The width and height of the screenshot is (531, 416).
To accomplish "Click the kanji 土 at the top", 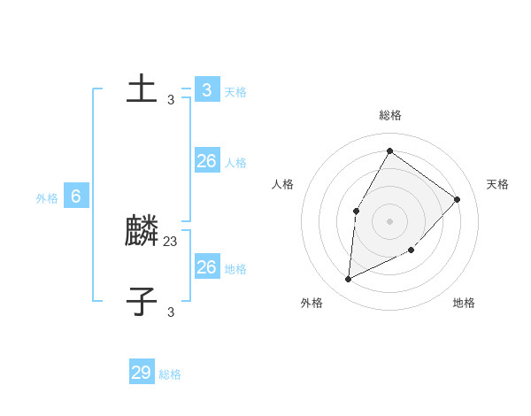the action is point(142,89).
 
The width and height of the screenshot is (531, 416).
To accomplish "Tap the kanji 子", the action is point(142,301).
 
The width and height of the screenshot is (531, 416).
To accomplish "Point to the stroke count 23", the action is point(171,240).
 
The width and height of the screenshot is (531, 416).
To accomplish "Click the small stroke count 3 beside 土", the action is point(171,100).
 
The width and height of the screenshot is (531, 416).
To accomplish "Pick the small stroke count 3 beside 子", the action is point(171,312).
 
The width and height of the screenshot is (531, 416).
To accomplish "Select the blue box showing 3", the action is point(206,89).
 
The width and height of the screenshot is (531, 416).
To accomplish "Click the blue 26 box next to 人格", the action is point(206,160).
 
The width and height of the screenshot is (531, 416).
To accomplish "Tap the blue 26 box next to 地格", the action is point(206,266).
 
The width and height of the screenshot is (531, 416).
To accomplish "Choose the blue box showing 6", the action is point(76,196).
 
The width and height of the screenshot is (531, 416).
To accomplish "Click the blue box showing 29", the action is point(142,373).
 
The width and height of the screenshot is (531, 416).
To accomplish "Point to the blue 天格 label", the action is point(235,92).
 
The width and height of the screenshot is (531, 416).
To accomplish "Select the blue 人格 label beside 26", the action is point(235,163).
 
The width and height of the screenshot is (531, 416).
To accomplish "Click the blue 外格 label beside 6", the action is point(47,199).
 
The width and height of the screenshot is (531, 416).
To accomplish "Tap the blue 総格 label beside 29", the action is point(170,375).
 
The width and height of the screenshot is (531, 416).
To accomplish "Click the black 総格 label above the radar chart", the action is point(389,115).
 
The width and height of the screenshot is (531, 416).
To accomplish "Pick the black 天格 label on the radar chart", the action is point(497,184).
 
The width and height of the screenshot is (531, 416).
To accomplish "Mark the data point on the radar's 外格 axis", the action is point(349,279).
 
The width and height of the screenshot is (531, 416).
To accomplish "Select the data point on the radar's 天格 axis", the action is point(457,199).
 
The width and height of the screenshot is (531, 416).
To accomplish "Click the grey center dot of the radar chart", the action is point(389,220).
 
